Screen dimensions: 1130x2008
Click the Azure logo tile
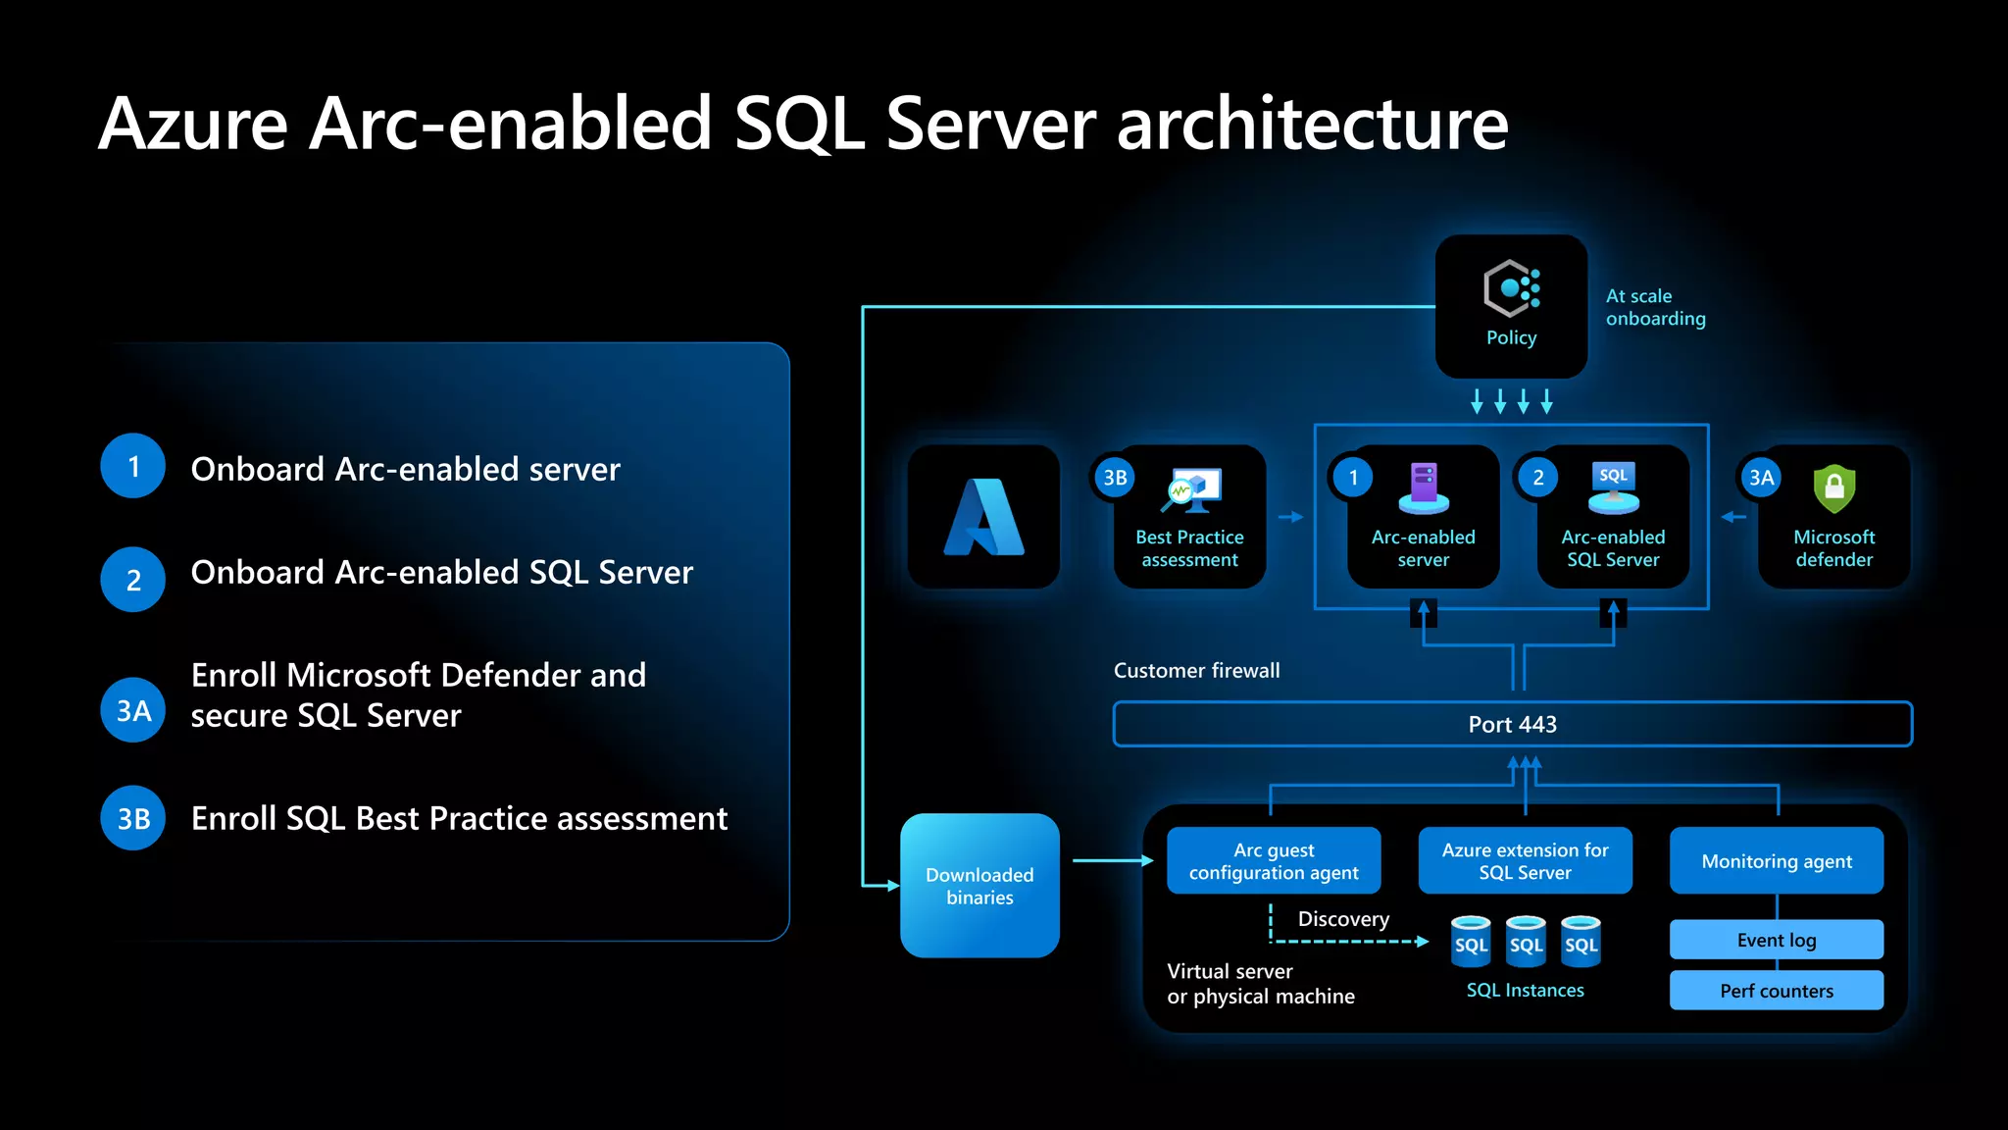[983, 517]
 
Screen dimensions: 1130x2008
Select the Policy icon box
[1511, 306]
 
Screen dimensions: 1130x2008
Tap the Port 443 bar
[1512, 724]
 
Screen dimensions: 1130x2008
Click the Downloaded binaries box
[979, 885]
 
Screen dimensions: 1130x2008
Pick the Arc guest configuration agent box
[1274, 860]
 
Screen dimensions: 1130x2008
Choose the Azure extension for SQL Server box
[1525, 860]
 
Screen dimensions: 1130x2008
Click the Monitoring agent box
[1776, 860]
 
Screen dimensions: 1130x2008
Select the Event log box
[1776, 940]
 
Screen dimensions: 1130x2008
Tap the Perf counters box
[1776, 991]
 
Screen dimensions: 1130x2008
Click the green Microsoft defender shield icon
[1833, 488]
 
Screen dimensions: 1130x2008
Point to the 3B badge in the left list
[133, 818]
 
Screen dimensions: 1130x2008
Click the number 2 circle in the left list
[133, 580]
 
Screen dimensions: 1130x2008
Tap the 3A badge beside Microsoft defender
[1761, 478]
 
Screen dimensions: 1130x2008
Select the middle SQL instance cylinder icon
[1526, 941]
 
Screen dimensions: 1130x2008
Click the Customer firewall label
[1196, 670]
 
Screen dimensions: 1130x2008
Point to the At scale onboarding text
[1655, 307]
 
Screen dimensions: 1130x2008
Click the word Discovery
[1343, 919]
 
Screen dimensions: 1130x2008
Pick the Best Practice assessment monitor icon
[1191, 489]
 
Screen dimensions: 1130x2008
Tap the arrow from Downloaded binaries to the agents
[1113, 860]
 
